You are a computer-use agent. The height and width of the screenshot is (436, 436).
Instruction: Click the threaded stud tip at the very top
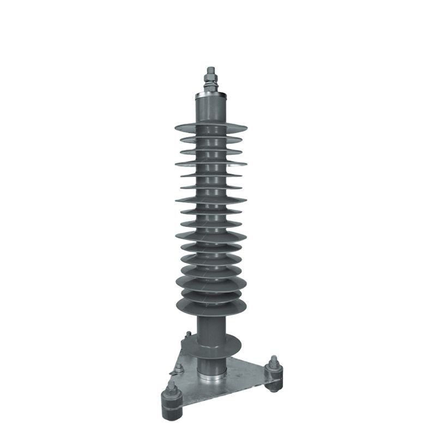tap(210, 68)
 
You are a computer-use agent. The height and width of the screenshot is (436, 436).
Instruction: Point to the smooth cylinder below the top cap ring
tap(210, 109)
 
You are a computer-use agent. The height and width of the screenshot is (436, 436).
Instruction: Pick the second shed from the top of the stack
tap(210, 140)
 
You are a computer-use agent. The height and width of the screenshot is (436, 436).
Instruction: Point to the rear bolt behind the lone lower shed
tap(187, 335)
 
